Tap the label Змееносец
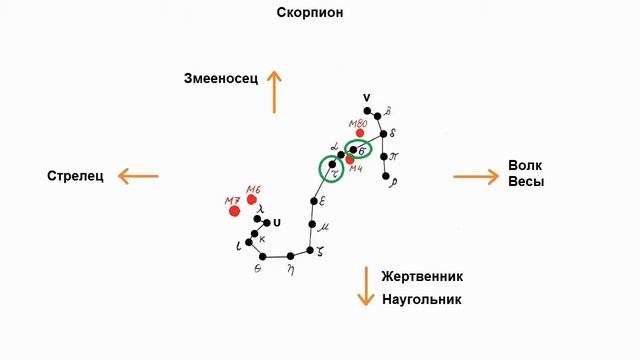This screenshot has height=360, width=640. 220,79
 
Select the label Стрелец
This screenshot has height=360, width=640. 75,177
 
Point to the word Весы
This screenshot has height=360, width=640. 527,182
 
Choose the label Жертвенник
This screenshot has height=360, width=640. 421,276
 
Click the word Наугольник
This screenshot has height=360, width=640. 421,299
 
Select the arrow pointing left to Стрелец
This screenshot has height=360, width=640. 137,177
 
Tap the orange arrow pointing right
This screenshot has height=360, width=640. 475,177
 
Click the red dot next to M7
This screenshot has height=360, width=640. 235,211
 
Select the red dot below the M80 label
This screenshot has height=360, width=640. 360,133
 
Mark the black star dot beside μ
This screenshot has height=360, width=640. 313,226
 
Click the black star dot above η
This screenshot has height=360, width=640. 290,255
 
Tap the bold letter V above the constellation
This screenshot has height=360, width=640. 367,97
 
